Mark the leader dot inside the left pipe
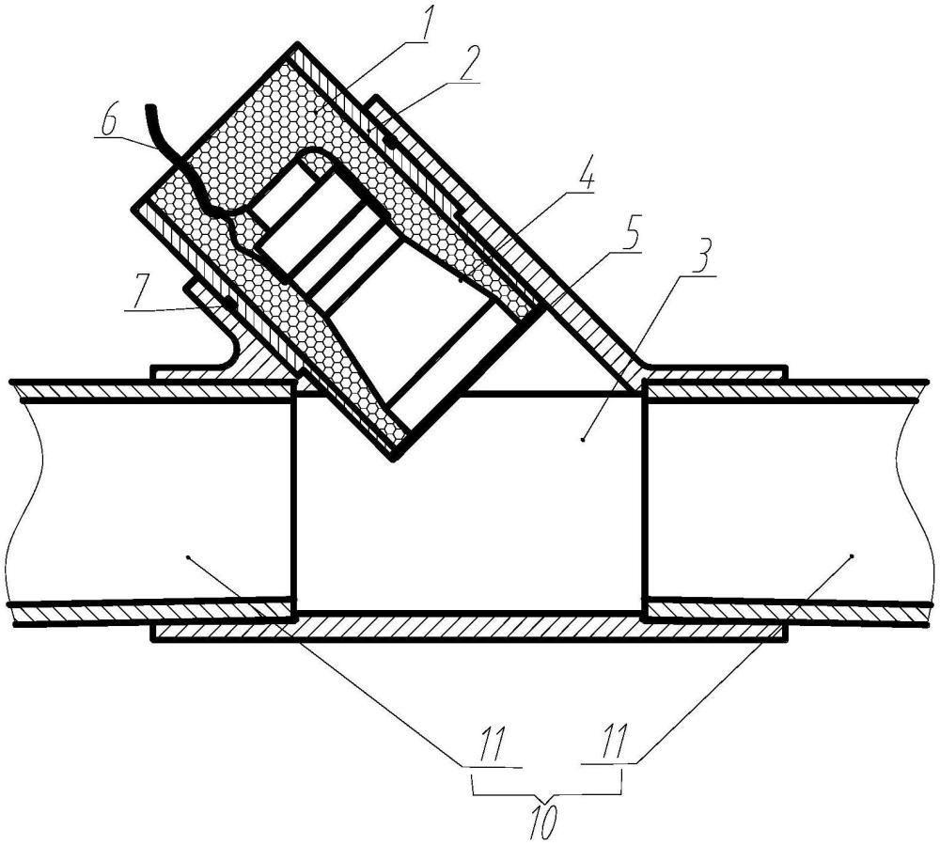tap(189, 556)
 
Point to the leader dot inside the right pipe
tap(851, 555)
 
